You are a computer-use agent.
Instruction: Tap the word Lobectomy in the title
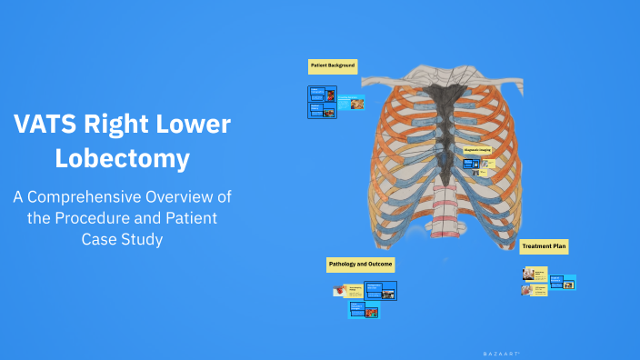(x=122, y=158)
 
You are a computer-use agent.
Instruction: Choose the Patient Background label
(x=333, y=66)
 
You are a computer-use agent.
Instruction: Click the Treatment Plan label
(x=544, y=245)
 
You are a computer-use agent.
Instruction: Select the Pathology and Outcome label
(x=360, y=265)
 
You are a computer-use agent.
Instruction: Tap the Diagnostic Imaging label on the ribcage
(x=477, y=150)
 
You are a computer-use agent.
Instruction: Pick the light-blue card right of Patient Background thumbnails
(x=351, y=103)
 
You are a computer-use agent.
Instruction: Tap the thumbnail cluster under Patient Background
(x=322, y=101)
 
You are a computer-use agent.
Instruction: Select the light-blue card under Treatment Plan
(x=563, y=282)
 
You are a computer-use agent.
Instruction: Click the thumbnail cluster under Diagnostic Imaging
(x=475, y=165)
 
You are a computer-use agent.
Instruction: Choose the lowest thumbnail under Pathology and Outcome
(x=364, y=310)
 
